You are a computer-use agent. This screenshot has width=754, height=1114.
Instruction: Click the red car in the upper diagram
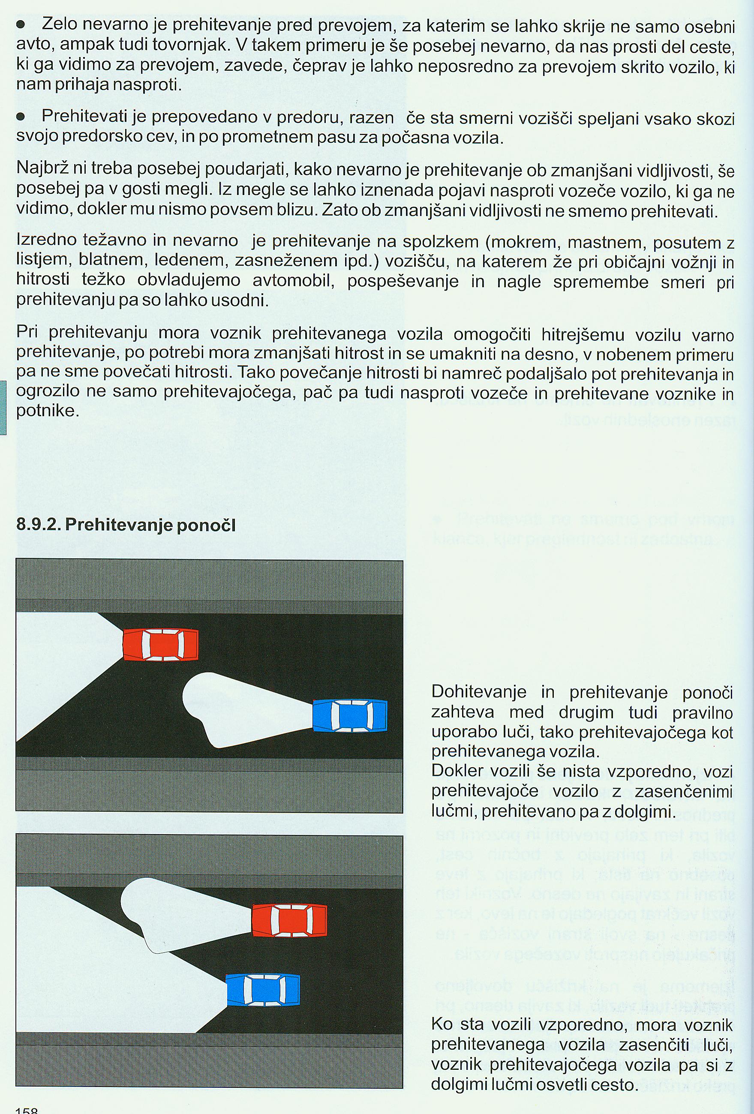(161, 645)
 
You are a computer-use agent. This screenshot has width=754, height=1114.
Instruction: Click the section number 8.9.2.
(38, 525)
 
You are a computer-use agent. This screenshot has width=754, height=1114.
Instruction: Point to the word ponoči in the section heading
(206, 525)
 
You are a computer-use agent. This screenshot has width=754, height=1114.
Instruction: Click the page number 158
(27, 1108)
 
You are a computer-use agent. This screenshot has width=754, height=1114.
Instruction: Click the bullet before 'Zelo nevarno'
(21, 24)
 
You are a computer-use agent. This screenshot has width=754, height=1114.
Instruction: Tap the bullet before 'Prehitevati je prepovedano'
(21, 117)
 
